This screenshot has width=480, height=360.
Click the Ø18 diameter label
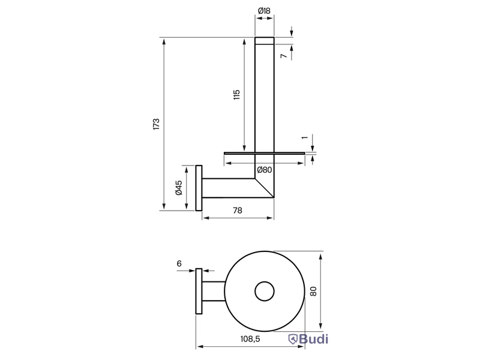(264, 11)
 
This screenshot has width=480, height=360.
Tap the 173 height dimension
(157, 124)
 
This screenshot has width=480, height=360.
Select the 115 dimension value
(236, 95)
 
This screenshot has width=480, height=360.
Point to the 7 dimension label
(284, 56)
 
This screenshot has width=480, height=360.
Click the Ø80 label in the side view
(265, 170)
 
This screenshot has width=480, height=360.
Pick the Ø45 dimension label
(179, 188)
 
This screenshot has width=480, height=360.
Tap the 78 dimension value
(238, 211)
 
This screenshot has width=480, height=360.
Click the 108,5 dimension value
(250, 339)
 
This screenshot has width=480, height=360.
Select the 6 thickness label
(179, 263)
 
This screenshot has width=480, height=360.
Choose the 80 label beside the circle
(313, 291)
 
